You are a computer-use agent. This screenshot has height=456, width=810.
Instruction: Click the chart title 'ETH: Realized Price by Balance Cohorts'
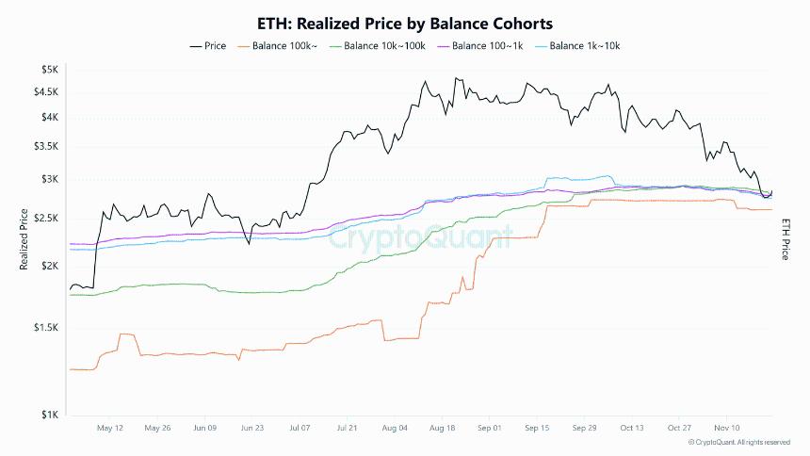404,22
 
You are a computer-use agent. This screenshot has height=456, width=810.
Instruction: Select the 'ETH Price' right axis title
784,239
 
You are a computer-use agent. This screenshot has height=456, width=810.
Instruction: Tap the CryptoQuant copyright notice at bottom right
738,442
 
